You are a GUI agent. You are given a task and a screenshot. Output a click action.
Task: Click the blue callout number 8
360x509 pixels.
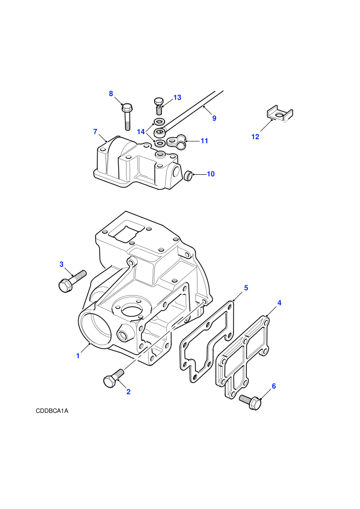pos(111,94)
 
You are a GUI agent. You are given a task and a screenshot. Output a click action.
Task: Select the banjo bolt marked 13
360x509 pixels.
pos(158,105)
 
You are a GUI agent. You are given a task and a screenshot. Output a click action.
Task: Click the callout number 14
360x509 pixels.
pos(141,132)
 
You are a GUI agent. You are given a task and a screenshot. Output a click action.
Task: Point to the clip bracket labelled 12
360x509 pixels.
pos(280,114)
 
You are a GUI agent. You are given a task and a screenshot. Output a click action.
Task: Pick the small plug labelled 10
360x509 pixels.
pos(188,176)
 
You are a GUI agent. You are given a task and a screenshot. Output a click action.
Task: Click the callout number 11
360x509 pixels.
pos(204,140)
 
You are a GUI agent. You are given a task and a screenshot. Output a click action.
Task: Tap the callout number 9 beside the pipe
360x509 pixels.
pos(214,118)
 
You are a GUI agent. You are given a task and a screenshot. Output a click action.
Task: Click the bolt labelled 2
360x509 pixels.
pos(113,377)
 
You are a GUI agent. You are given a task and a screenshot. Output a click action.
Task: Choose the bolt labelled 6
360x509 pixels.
pos(250,401)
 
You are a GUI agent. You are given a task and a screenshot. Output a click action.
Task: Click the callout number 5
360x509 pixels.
pos(246,287)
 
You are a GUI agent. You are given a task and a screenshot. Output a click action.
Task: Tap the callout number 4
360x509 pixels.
pos(279,303)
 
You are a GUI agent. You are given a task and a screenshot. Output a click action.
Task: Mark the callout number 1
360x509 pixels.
pos(78,356)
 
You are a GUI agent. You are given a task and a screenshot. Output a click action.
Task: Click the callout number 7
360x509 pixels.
pos(95,132)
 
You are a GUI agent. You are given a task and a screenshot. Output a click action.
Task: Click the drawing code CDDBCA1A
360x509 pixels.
pos(52,411)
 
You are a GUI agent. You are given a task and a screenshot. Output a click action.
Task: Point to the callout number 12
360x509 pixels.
pos(256,137)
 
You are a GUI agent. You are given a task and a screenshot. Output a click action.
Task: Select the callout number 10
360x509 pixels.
pos(211,174)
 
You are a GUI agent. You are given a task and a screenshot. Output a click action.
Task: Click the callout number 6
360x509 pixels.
pos(274,386)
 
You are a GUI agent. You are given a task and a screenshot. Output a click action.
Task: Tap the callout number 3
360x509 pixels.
pos(61,264)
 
